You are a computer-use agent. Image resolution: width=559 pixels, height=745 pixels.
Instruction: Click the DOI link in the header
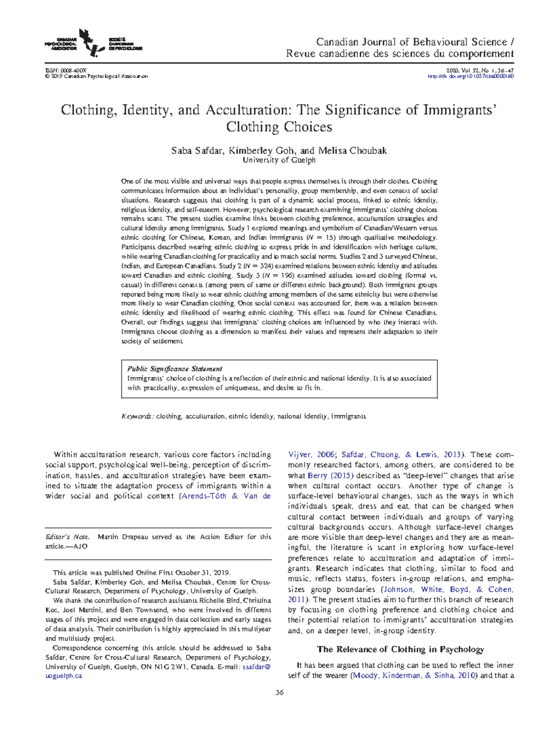[x=470, y=76]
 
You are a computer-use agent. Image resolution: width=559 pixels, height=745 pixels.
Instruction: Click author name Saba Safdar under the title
[x=197, y=150]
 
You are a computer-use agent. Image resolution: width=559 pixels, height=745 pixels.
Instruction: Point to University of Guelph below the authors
[x=279, y=160]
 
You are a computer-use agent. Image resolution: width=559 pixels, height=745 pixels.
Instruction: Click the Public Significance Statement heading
[x=175, y=369]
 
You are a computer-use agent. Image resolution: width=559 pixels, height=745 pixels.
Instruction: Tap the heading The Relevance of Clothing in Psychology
[x=400, y=649]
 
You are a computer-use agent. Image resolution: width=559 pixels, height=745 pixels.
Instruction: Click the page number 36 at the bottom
[x=279, y=692]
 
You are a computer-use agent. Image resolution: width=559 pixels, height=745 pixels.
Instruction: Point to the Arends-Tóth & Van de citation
[x=226, y=496]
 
